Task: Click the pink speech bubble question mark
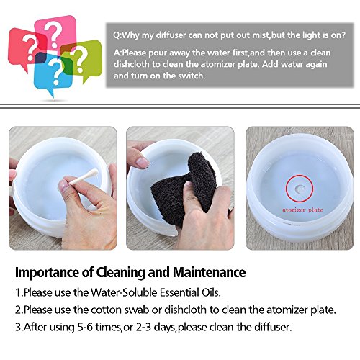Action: pos(55,34)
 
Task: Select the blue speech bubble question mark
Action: pos(55,71)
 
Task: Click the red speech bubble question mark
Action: pos(30,47)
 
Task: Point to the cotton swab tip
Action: pos(94,172)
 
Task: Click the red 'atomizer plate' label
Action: pos(302,210)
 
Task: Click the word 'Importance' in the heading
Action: pos(48,273)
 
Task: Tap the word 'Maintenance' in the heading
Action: pos(209,272)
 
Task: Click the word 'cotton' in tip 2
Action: pos(107,310)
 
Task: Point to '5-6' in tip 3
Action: pos(85,327)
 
